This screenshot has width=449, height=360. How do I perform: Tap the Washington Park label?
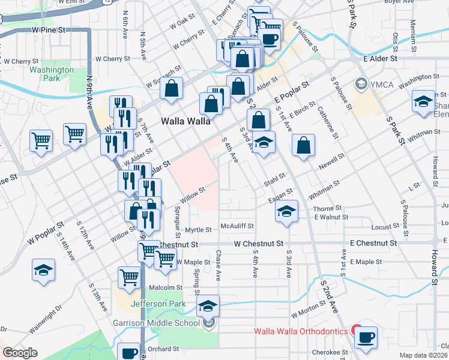52,74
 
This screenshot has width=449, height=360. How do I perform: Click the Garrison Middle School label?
156,323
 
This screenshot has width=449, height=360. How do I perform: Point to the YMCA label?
381,84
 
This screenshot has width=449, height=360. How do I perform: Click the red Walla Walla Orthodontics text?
301,331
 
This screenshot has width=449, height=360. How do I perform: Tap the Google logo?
20,353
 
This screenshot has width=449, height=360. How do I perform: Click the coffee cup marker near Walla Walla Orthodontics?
365,337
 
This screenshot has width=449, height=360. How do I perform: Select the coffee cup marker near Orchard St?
129,353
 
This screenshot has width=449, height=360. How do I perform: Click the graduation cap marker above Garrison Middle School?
208,306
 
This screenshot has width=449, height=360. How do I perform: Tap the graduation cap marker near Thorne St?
287,211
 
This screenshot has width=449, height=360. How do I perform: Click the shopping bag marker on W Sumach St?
172,89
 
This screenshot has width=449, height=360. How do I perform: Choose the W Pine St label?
49,29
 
